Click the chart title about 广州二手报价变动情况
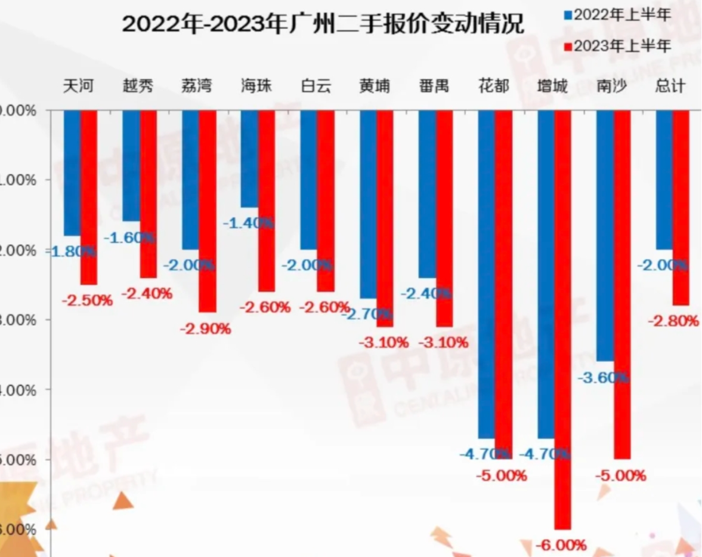323,24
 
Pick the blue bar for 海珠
249,158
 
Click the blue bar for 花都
486,274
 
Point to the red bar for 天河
88,197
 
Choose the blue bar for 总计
664,179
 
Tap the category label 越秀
138,86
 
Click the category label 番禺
434,86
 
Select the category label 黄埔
375,86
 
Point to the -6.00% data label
562,545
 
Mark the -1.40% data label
248,223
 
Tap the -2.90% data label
206,328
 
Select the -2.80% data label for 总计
673,321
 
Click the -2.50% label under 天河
87,300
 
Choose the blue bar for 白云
308,179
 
